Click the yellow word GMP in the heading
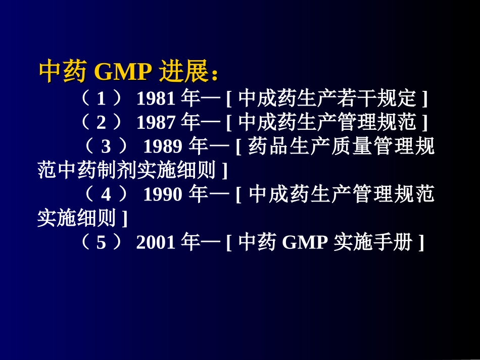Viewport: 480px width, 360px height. (123, 73)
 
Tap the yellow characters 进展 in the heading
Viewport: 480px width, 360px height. (184, 73)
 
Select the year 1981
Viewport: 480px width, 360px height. (156, 98)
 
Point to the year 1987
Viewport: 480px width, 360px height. (156, 123)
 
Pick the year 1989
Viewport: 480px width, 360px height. (163, 147)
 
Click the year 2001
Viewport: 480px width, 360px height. (156, 243)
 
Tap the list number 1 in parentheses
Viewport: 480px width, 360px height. (101, 98)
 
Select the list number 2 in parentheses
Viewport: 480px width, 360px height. (101, 123)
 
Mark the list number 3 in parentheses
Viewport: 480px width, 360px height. (106, 147)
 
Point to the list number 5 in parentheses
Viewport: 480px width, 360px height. (101, 243)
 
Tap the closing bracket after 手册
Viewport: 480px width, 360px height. (420, 244)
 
